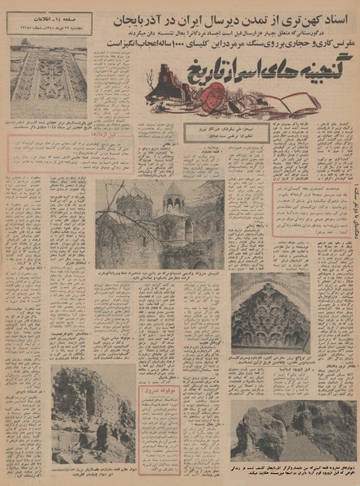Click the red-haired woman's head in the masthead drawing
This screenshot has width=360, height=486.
(212, 95)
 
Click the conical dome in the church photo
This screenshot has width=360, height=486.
(174, 196)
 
